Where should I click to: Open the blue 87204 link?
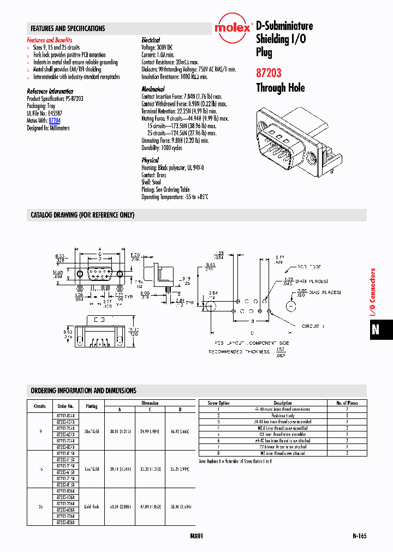(x=55, y=120)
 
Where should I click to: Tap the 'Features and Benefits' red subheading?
(x=50, y=40)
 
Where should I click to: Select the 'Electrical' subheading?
(x=151, y=40)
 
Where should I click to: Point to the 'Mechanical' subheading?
(x=153, y=89)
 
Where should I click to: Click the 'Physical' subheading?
(x=150, y=160)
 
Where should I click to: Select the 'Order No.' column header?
(x=65, y=406)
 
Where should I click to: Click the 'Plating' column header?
(x=91, y=406)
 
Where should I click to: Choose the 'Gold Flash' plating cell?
(x=91, y=507)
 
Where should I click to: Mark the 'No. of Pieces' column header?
(x=347, y=403)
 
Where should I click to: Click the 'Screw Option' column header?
(x=219, y=403)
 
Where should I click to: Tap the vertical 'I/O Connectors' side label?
(x=373, y=292)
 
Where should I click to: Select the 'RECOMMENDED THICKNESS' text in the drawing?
(x=239, y=352)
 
